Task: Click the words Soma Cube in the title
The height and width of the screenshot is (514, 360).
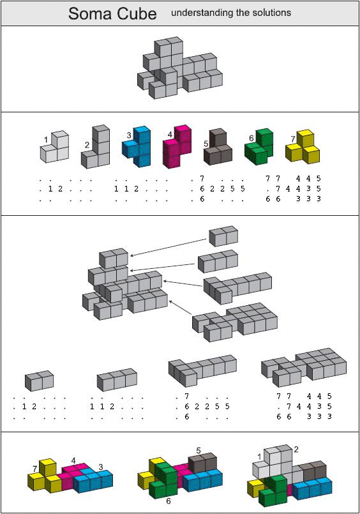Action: click(x=112, y=14)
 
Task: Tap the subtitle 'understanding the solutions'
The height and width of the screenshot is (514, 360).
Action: click(x=231, y=13)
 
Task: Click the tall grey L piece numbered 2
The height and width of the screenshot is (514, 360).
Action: click(x=95, y=147)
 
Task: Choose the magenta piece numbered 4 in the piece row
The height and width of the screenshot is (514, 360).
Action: click(x=177, y=146)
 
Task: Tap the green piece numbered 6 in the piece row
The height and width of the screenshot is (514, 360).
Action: click(x=259, y=147)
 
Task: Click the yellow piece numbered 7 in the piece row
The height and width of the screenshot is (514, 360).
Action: click(x=303, y=146)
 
